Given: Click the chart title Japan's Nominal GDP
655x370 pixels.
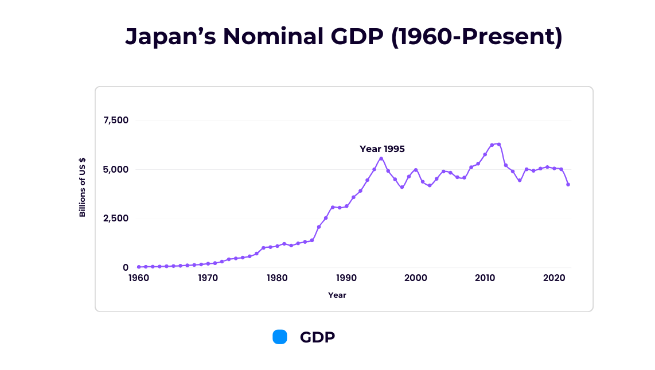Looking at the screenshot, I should pyautogui.click(x=344, y=37).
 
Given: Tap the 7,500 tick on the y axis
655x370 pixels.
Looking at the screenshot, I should pyautogui.click(x=116, y=120).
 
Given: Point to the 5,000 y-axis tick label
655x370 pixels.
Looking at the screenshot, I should pyautogui.click(x=116, y=169).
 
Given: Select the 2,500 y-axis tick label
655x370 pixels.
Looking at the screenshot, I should pyautogui.click(x=116, y=219).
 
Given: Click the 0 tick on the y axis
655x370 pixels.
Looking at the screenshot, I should pyautogui.click(x=126, y=267).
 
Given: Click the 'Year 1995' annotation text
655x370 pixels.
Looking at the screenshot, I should pyautogui.click(x=382, y=149).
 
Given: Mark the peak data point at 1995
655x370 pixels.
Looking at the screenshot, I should pyautogui.click(x=381, y=158).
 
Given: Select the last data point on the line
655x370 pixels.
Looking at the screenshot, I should pyautogui.click(x=568, y=185).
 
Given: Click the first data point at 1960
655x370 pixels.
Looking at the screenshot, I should pyautogui.click(x=139, y=267).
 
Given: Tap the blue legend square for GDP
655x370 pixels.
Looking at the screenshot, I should pyautogui.click(x=280, y=337).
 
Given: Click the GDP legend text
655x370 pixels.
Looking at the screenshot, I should pyautogui.click(x=317, y=337).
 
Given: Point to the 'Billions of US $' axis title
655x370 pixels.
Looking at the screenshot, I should pyautogui.click(x=83, y=187).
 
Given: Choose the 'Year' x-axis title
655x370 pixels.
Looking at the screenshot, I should pyautogui.click(x=337, y=295).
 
